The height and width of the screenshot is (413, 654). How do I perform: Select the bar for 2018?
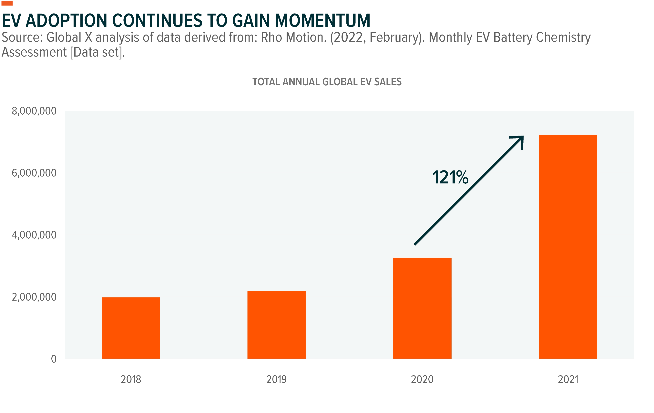(131, 328)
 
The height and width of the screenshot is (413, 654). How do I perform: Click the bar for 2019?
(276, 325)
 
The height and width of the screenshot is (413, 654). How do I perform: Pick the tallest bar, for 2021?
(568, 247)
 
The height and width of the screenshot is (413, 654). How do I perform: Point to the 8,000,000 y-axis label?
(34, 111)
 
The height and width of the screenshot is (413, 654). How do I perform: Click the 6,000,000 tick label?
(34, 173)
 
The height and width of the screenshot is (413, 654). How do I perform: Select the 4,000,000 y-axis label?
(34, 235)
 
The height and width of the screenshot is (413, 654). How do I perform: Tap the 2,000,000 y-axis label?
(34, 297)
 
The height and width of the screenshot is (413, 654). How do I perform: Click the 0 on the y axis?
(54, 359)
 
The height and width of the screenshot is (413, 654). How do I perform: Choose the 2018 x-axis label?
(131, 379)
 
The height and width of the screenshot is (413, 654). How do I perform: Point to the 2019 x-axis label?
(276, 379)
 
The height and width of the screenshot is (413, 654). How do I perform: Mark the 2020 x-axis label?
(422, 379)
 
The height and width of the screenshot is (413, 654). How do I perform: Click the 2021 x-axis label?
(568, 379)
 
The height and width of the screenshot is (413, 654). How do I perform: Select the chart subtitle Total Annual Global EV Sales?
(327, 82)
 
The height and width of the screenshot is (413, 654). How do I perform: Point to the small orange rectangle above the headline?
(7, 3)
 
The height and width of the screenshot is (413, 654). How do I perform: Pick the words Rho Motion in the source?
(294, 37)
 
